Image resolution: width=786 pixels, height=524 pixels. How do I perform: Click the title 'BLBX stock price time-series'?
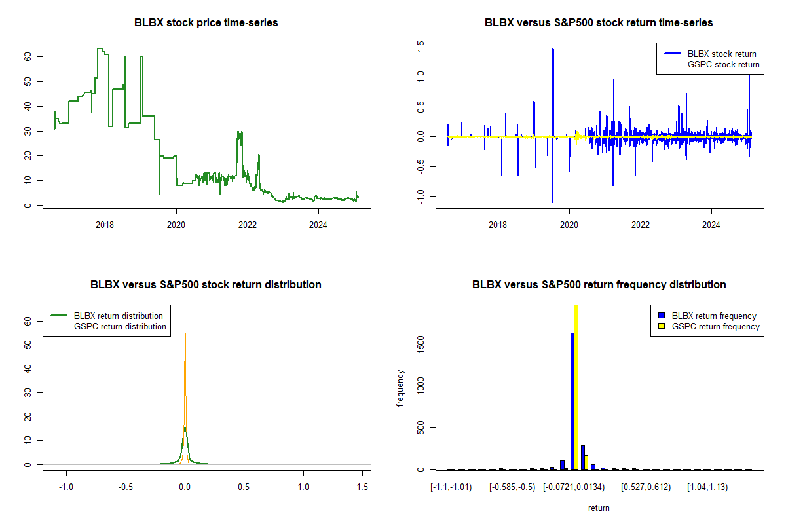[206, 23]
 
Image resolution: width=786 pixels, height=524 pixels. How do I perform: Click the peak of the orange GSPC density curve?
[185, 316]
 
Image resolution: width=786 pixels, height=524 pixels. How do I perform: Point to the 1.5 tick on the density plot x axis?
[362, 487]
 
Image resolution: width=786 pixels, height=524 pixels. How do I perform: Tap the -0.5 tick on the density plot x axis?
[126, 487]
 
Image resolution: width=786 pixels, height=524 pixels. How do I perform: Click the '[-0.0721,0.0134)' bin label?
[573, 487]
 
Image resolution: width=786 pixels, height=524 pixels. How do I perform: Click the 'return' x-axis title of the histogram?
[599, 508]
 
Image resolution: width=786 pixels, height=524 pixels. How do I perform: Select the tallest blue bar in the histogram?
[572, 401]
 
